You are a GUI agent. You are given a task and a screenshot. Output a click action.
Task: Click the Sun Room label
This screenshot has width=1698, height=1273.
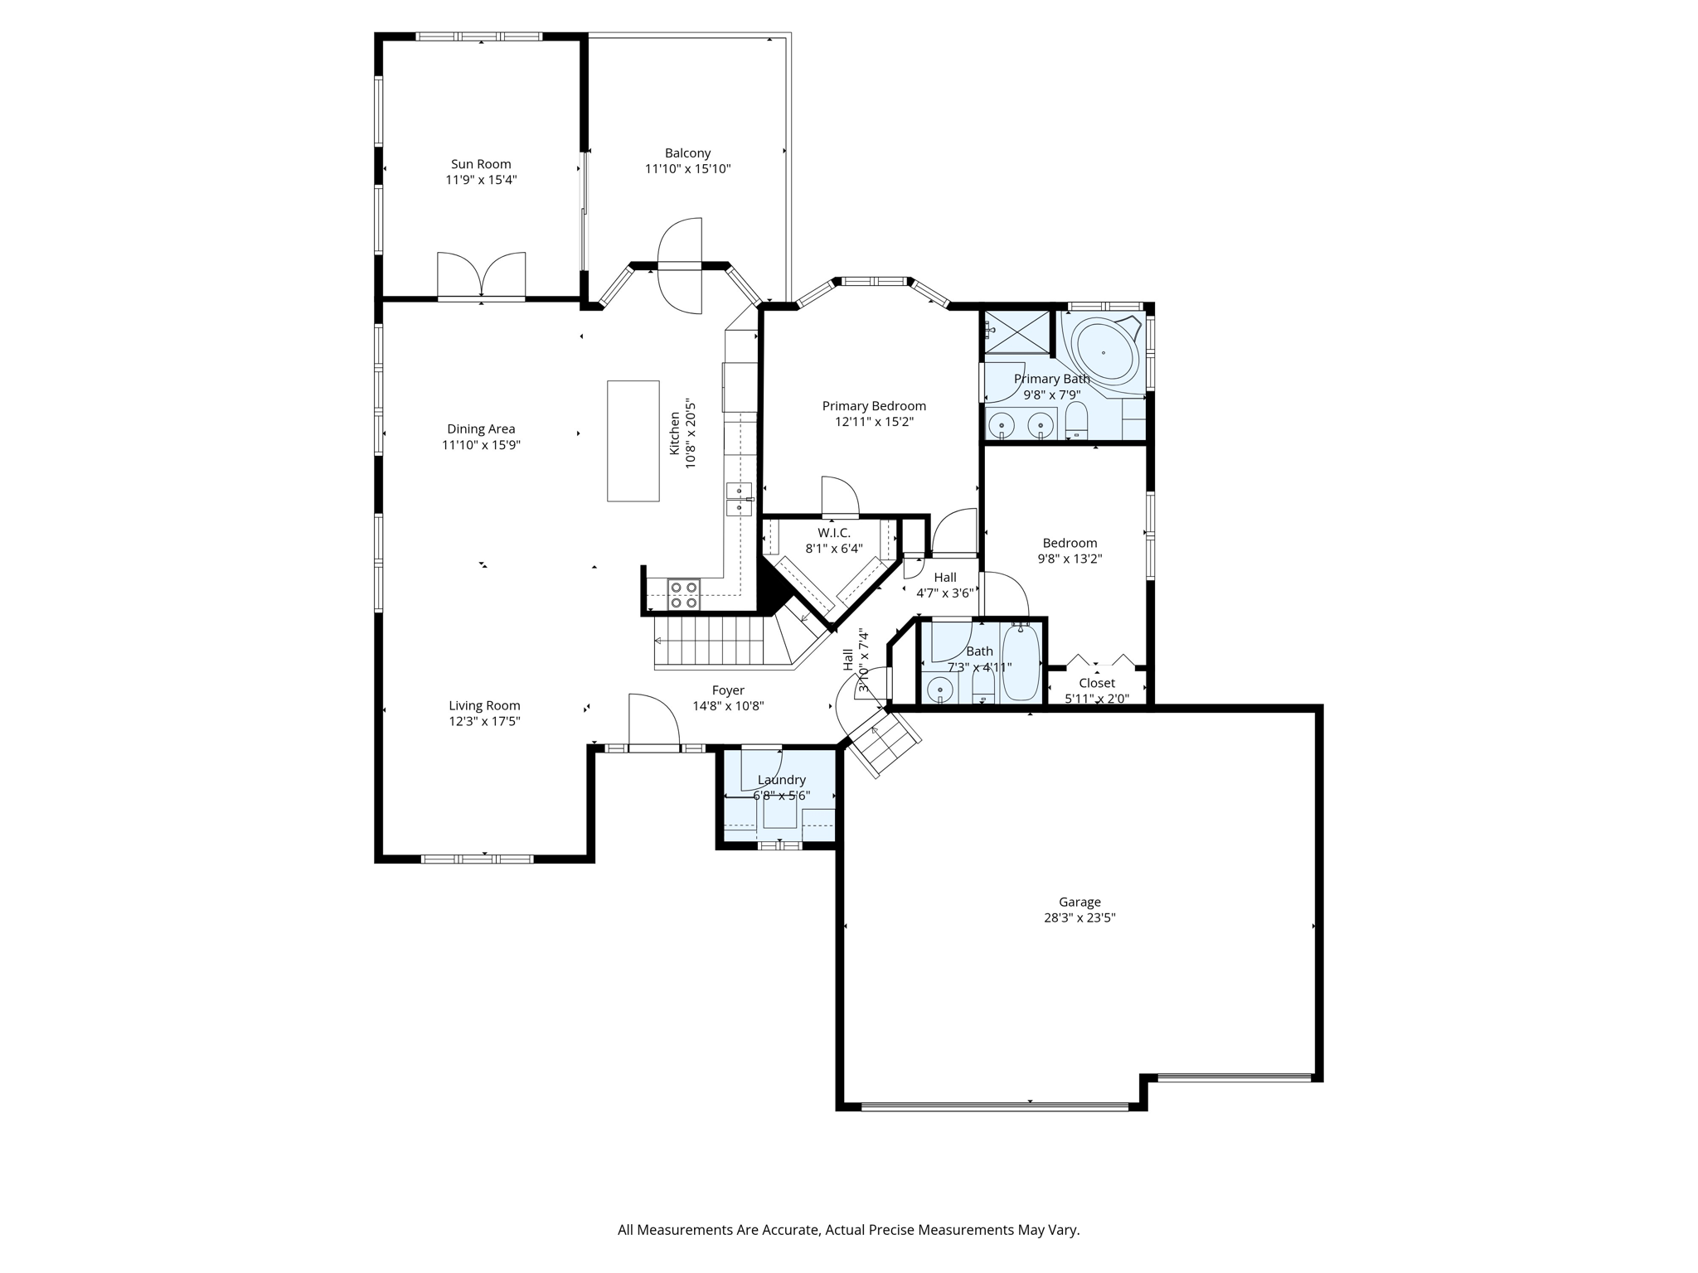click(x=481, y=164)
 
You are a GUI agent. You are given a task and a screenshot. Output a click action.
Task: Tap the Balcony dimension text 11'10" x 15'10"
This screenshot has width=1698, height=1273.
click(x=687, y=169)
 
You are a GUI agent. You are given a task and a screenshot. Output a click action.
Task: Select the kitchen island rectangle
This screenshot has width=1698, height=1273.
click(x=633, y=441)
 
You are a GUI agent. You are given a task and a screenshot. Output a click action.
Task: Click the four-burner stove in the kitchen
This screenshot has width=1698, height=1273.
click(x=684, y=594)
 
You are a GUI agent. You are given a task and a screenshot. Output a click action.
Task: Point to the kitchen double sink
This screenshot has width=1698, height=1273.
click(x=739, y=498)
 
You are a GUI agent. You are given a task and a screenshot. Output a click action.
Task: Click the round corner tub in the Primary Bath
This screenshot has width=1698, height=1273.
click(x=1104, y=353)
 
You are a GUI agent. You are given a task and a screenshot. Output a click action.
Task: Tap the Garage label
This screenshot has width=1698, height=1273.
click(x=1079, y=902)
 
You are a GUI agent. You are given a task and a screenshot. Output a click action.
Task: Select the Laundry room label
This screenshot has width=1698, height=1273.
click(x=781, y=780)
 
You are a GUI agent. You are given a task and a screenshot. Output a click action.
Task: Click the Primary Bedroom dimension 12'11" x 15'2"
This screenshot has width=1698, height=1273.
click(x=874, y=422)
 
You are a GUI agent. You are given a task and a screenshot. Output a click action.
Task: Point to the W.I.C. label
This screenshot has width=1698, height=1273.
click(x=833, y=533)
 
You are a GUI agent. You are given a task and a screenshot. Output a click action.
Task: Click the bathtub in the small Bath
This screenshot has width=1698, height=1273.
click(x=1021, y=663)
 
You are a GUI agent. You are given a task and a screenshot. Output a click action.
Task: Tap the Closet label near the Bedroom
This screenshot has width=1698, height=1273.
click(x=1096, y=683)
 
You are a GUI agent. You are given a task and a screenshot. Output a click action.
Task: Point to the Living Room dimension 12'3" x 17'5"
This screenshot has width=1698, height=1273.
click(x=484, y=721)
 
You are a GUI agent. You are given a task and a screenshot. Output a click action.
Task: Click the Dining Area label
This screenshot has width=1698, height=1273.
click(x=481, y=429)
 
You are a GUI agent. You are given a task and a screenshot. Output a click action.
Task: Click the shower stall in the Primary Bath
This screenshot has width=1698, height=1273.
click(x=1016, y=333)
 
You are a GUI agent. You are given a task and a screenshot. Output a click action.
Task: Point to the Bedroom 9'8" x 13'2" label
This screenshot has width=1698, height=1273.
click(x=1070, y=551)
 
